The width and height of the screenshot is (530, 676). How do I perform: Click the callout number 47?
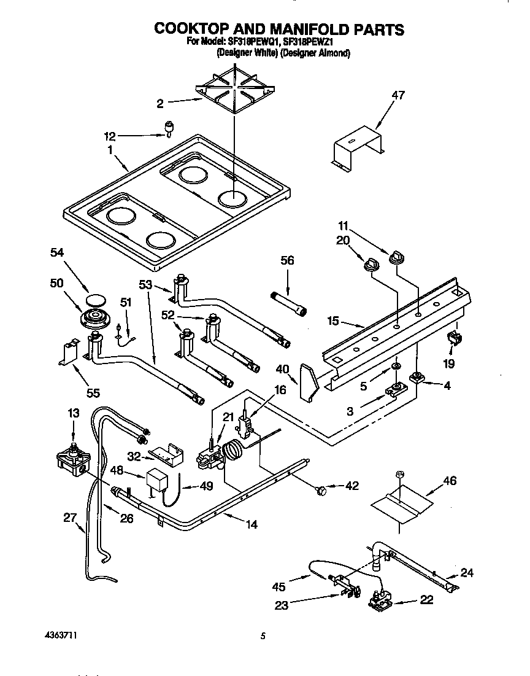click(399, 95)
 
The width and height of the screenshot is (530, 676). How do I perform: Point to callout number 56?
click(286, 261)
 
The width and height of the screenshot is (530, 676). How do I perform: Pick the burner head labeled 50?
click(95, 319)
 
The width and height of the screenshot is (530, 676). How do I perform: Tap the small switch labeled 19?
click(455, 337)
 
